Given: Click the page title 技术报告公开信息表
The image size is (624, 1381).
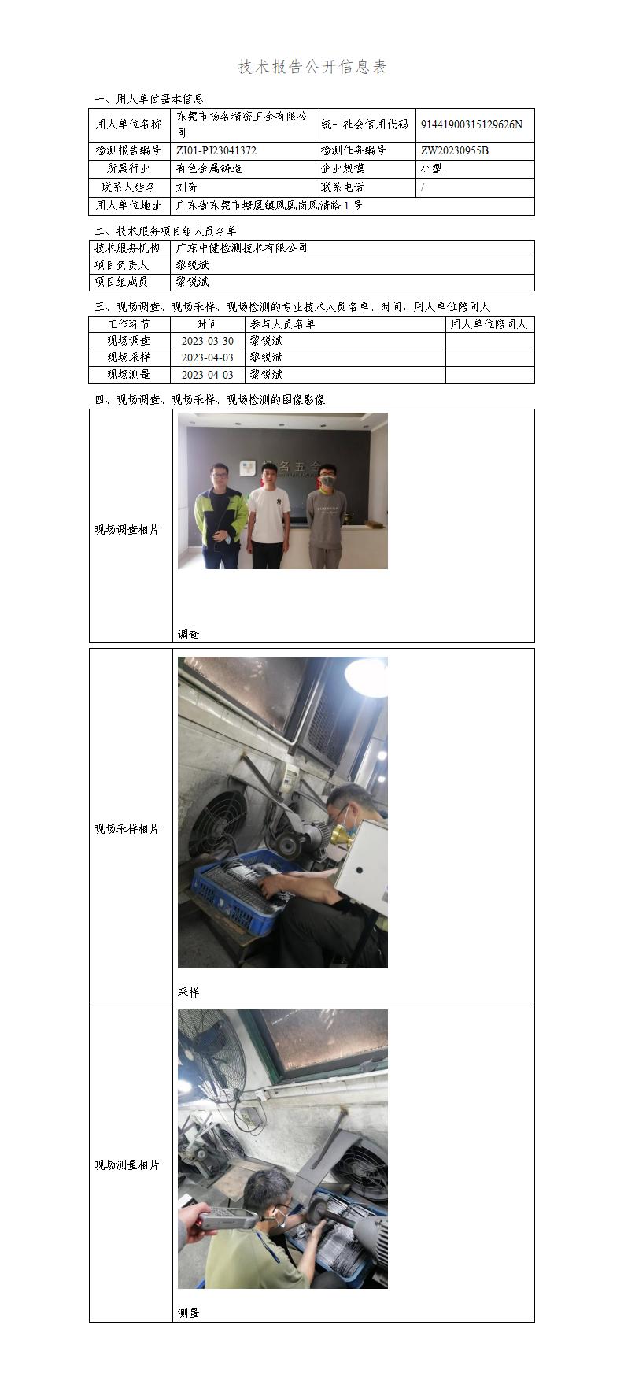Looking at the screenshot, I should point(312,68).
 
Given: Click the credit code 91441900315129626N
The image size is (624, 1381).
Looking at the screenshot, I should point(471,124).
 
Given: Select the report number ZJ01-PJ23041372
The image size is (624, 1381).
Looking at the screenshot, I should point(216,150).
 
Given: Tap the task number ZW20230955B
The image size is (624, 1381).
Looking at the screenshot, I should point(454,150).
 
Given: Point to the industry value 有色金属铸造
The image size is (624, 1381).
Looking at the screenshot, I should point(209,168).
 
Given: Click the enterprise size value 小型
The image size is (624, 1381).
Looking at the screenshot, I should point(431,168).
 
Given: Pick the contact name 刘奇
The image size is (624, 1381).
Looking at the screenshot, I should point(186,187).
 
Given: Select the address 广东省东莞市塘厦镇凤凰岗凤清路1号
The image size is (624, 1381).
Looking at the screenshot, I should point(269,206).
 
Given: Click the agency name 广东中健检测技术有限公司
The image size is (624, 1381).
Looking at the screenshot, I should point(242,248).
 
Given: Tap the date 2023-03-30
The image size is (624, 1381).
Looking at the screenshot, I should point(207,341).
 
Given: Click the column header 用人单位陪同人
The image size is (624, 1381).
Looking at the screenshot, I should point(489,324).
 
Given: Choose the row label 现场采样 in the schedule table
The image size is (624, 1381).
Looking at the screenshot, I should point(128,357).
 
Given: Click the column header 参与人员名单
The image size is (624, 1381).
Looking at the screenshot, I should point(282,324).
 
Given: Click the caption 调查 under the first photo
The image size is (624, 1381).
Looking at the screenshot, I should point(188,634).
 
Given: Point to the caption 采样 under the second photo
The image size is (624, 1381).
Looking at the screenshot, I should point(188,992).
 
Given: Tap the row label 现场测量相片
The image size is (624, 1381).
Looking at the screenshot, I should point(127,1165).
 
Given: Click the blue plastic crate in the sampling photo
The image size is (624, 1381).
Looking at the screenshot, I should point(236,894).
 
